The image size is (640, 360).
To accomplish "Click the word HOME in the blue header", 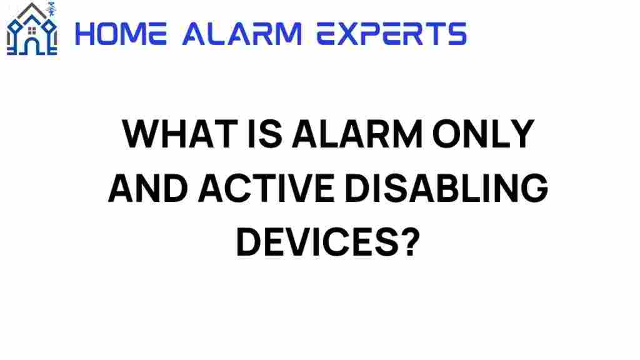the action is click(x=121, y=34).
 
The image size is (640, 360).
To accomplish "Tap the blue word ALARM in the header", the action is click(x=242, y=34).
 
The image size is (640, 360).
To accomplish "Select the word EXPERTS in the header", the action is click(x=392, y=34).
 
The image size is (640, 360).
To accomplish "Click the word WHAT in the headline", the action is click(x=180, y=134).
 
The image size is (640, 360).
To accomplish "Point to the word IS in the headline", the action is click(x=265, y=134).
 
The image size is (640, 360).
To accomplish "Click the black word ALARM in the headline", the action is click(x=357, y=134).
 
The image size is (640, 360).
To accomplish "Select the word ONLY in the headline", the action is click(x=483, y=134).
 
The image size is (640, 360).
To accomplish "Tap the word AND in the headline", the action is click(x=148, y=188).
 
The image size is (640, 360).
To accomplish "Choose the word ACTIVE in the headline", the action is click(x=266, y=188).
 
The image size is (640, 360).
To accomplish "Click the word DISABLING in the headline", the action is click(x=446, y=188).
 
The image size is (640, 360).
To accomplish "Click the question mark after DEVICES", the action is click(x=409, y=242).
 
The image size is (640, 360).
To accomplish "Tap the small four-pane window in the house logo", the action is click(x=32, y=31).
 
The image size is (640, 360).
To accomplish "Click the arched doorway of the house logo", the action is click(x=32, y=46).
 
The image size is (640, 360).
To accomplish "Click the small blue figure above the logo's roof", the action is click(x=51, y=8).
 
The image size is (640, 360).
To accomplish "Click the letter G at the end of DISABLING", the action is click(x=535, y=188).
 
